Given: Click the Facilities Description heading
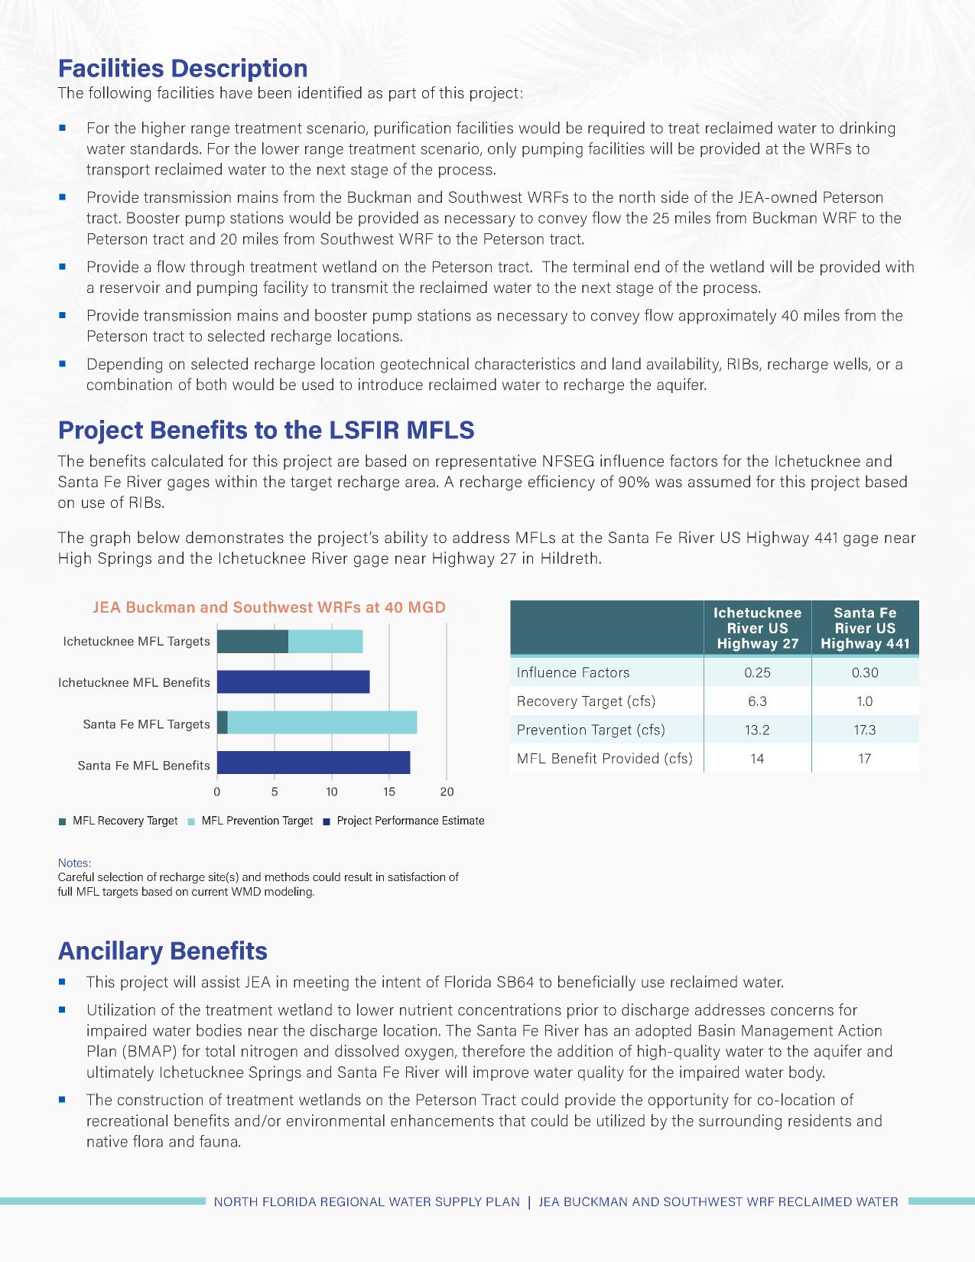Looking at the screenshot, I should pos(183,69).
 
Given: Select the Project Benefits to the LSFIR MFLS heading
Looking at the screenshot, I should pos(266,431).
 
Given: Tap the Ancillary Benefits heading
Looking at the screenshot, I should pos(163,951).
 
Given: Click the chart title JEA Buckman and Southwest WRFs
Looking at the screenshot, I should pos(268,607).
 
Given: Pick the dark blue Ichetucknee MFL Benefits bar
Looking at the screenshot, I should pos(293,681).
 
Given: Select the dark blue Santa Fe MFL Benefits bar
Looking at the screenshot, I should pos(314,763).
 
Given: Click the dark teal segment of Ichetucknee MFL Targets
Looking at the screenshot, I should pos(252,642).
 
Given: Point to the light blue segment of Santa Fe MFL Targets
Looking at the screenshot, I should pos(322,723).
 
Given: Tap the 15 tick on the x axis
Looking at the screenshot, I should pos(389,792).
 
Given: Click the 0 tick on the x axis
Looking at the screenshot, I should pos(217,792).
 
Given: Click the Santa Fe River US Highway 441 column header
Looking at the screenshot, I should pos(865,628).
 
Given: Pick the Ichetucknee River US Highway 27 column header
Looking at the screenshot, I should pos(757,628).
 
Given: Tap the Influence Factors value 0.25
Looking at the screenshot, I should pos(757,672).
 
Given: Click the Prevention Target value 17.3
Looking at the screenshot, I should pos(865,730).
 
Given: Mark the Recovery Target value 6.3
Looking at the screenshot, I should pos(757,701).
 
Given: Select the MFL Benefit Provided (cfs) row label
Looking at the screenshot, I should pos(604,759).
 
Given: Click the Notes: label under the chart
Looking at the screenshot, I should pos(74,863).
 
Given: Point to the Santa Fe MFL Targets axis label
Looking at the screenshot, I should pos(146,724).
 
